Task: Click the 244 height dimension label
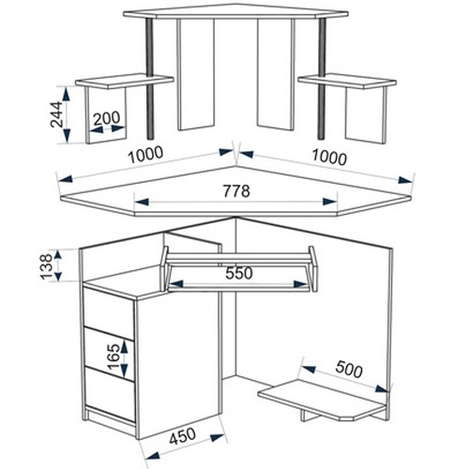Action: pos(56,114)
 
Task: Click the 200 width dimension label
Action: pos(107,118)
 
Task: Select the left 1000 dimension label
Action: pos(145,155)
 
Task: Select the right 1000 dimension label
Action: pos(329,157)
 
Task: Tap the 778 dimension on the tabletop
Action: pos(236,190)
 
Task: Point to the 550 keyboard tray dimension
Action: pos(239,273)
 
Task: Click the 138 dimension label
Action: pos(46,266)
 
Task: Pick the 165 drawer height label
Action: pos(113,356)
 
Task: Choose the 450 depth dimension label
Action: pos(183,435)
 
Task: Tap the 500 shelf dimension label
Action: pos(349,370)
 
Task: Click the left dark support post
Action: pos(150,78)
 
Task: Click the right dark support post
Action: pos(323,78)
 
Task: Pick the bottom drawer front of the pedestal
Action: pos(110,393)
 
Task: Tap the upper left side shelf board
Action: pos(125,81)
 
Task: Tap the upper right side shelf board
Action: pos(347,81)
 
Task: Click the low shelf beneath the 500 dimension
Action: pos(323,399)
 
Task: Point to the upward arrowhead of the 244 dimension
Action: pos(67,94)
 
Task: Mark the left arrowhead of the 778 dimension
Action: pos(142,202)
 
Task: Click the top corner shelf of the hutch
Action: pos(235,11)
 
